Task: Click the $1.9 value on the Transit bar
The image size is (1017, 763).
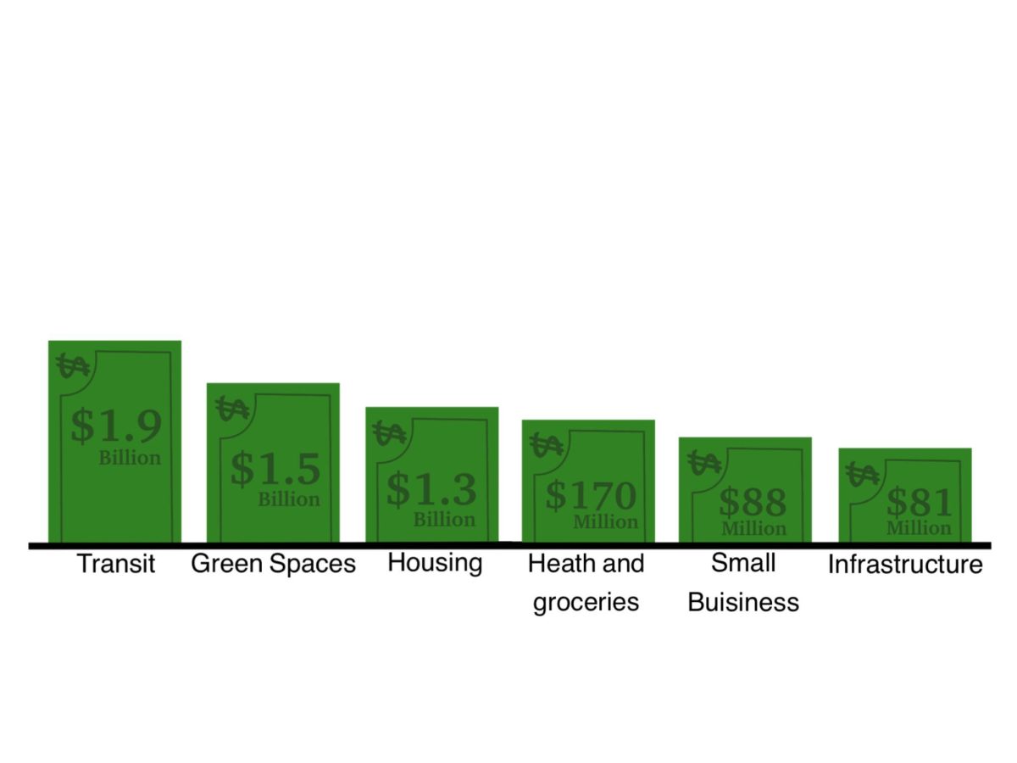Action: [x=116, y=426]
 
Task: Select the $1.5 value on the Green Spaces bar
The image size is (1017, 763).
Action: [x=275, y=469]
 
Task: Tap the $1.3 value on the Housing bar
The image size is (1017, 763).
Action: [x=431, y=490]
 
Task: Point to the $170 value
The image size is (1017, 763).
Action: [x=591, y=495]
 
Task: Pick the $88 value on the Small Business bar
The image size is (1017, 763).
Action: [x=753, y=502]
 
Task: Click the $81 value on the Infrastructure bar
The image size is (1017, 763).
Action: [x=920, y=502]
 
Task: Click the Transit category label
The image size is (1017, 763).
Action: [x=116, y=563]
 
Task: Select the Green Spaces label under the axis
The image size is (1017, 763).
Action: [x=274, y=564]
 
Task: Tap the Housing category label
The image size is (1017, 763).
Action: [x=435, y=563]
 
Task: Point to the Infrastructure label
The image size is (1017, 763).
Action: [x=905, y=565]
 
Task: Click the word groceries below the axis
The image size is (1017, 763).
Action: [x=586, y=603]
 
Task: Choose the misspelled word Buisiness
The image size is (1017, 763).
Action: [x=743, y=602]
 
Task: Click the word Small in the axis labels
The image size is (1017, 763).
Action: [x=743, y=563]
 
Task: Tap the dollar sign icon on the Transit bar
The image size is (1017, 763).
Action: [x=73, y=365]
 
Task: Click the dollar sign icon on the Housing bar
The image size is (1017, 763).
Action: [x=389, y=433]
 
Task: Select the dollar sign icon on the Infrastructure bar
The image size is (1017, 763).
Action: [x=862, y=474]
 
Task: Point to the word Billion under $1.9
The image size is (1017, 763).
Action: [x=131, y=458]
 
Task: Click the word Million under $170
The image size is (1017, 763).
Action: [x=606, y=522]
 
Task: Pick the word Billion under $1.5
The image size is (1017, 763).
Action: [x=289, y=499]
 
